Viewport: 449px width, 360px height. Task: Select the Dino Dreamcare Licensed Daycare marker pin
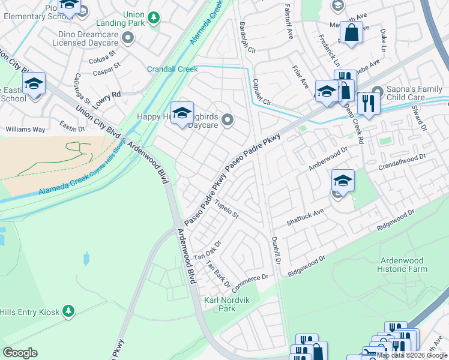[127, 38]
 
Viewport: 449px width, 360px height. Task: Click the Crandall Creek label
[172, 69]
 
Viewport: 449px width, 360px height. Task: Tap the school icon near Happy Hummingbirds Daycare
[182, 113]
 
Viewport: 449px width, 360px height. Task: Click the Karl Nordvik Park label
[219, 304]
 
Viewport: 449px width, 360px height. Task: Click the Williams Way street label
[25, 129]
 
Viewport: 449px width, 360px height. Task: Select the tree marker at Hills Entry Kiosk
[69, 310]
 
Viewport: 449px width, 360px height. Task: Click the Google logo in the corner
[20, 353]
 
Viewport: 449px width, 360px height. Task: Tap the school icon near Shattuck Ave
[342, 180]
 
